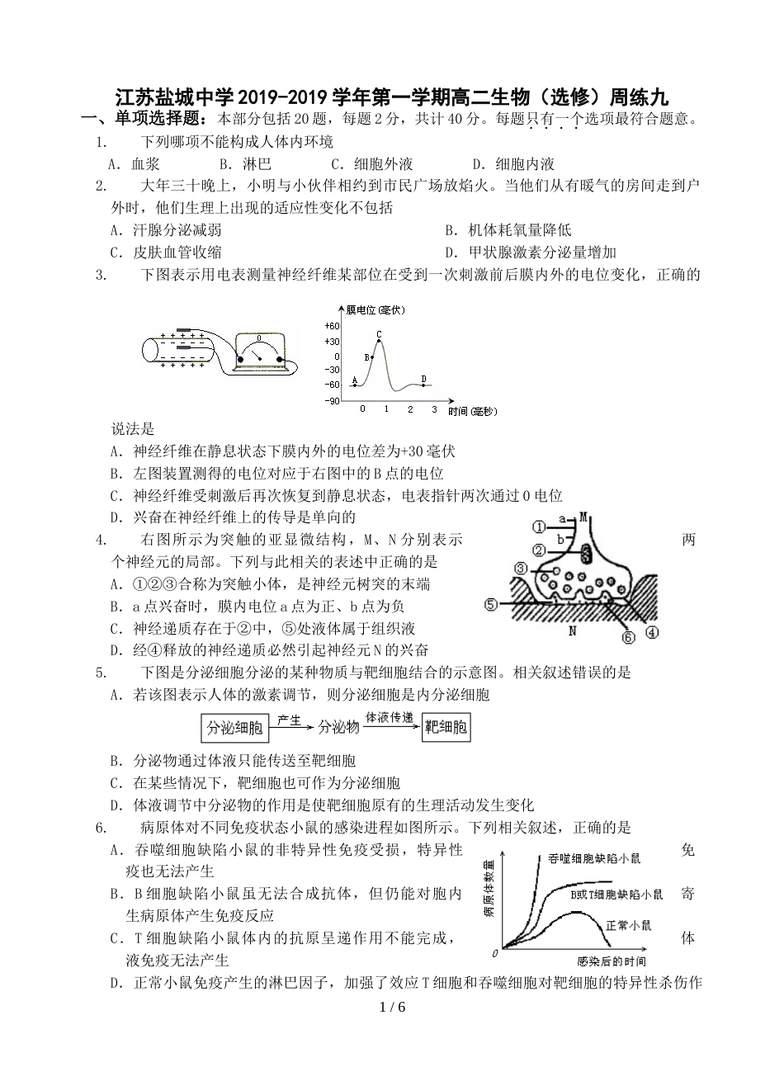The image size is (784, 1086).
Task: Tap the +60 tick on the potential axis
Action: pyautogui.click(x=333, y=325)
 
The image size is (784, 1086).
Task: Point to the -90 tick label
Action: pyautogui.click(x=333, y=400)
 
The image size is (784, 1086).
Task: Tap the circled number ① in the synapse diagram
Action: pyautogui.click(x=538, y=526)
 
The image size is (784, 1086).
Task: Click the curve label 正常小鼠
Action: pyautogui.click(x=628, y=924)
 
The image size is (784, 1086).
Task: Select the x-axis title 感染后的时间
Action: pyautogui.click(x=612, y=961)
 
